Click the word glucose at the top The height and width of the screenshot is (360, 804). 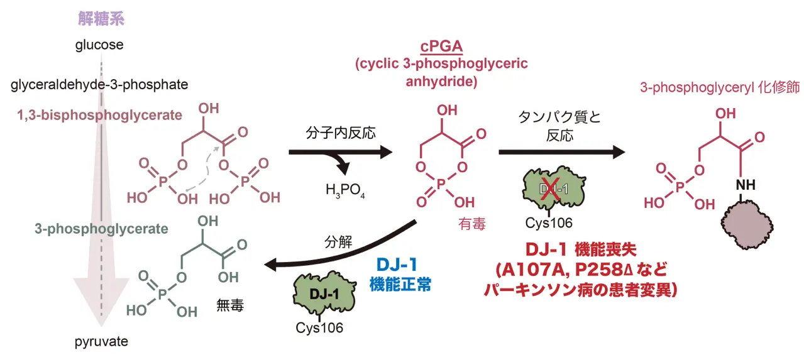[x=99, y=45]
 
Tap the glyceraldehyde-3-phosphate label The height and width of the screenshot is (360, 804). [x=99, y=84]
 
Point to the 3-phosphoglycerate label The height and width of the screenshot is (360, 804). [x=101, y=229]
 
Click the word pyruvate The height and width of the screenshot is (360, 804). [x=101, y=342]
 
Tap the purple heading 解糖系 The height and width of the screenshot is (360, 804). [x=101, y=19]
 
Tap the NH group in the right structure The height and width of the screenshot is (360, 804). [x=746, y=185]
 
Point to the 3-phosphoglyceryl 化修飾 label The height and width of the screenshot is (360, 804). [x=720, y=87]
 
